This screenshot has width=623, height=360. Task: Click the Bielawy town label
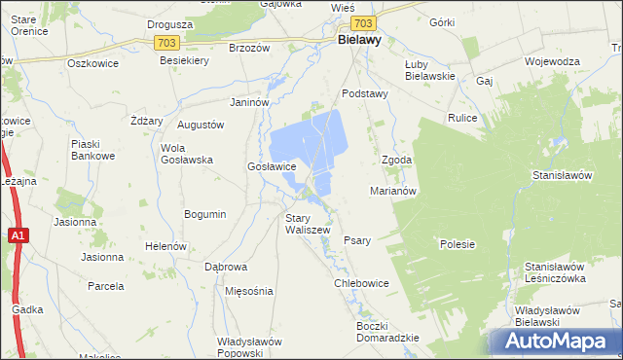pos(358,41)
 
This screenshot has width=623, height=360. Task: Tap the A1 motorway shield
pos(18,235)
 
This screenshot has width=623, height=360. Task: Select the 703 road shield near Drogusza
pos(165,43)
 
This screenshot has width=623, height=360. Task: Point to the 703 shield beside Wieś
pos(363,22)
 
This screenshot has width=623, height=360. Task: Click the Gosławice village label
pos(272,166)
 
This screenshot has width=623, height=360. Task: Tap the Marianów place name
pos(393,191)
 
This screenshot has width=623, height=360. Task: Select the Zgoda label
pos(396,160)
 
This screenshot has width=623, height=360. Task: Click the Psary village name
pos(357,240)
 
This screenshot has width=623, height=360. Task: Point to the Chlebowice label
pos(361,283)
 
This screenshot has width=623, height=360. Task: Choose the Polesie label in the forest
pos(457,244)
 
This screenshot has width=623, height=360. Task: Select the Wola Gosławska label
pos(186,155)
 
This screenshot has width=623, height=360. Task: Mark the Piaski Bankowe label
pos(93,150)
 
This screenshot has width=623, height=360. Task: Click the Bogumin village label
pos(204,214)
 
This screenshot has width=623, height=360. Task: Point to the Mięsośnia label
pos(248,291)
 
